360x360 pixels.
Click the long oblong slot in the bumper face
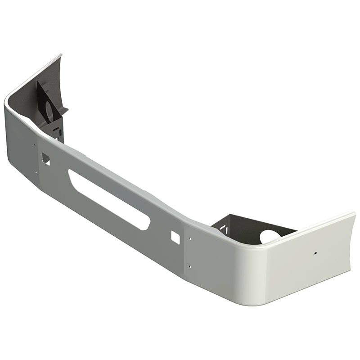coord(108,198)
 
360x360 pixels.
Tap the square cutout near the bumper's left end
coord(46,158)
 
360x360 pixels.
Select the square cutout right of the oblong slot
coord(175,237)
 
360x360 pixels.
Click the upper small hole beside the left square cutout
coord(34,145)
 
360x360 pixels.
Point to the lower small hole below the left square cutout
coord(36,171)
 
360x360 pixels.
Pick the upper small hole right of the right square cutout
coord(190,239)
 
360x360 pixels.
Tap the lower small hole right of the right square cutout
coord(190,266)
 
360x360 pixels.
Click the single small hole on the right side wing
coord(315,253)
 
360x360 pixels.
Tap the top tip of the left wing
coord(60,55)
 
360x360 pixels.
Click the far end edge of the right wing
coord(353,243)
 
